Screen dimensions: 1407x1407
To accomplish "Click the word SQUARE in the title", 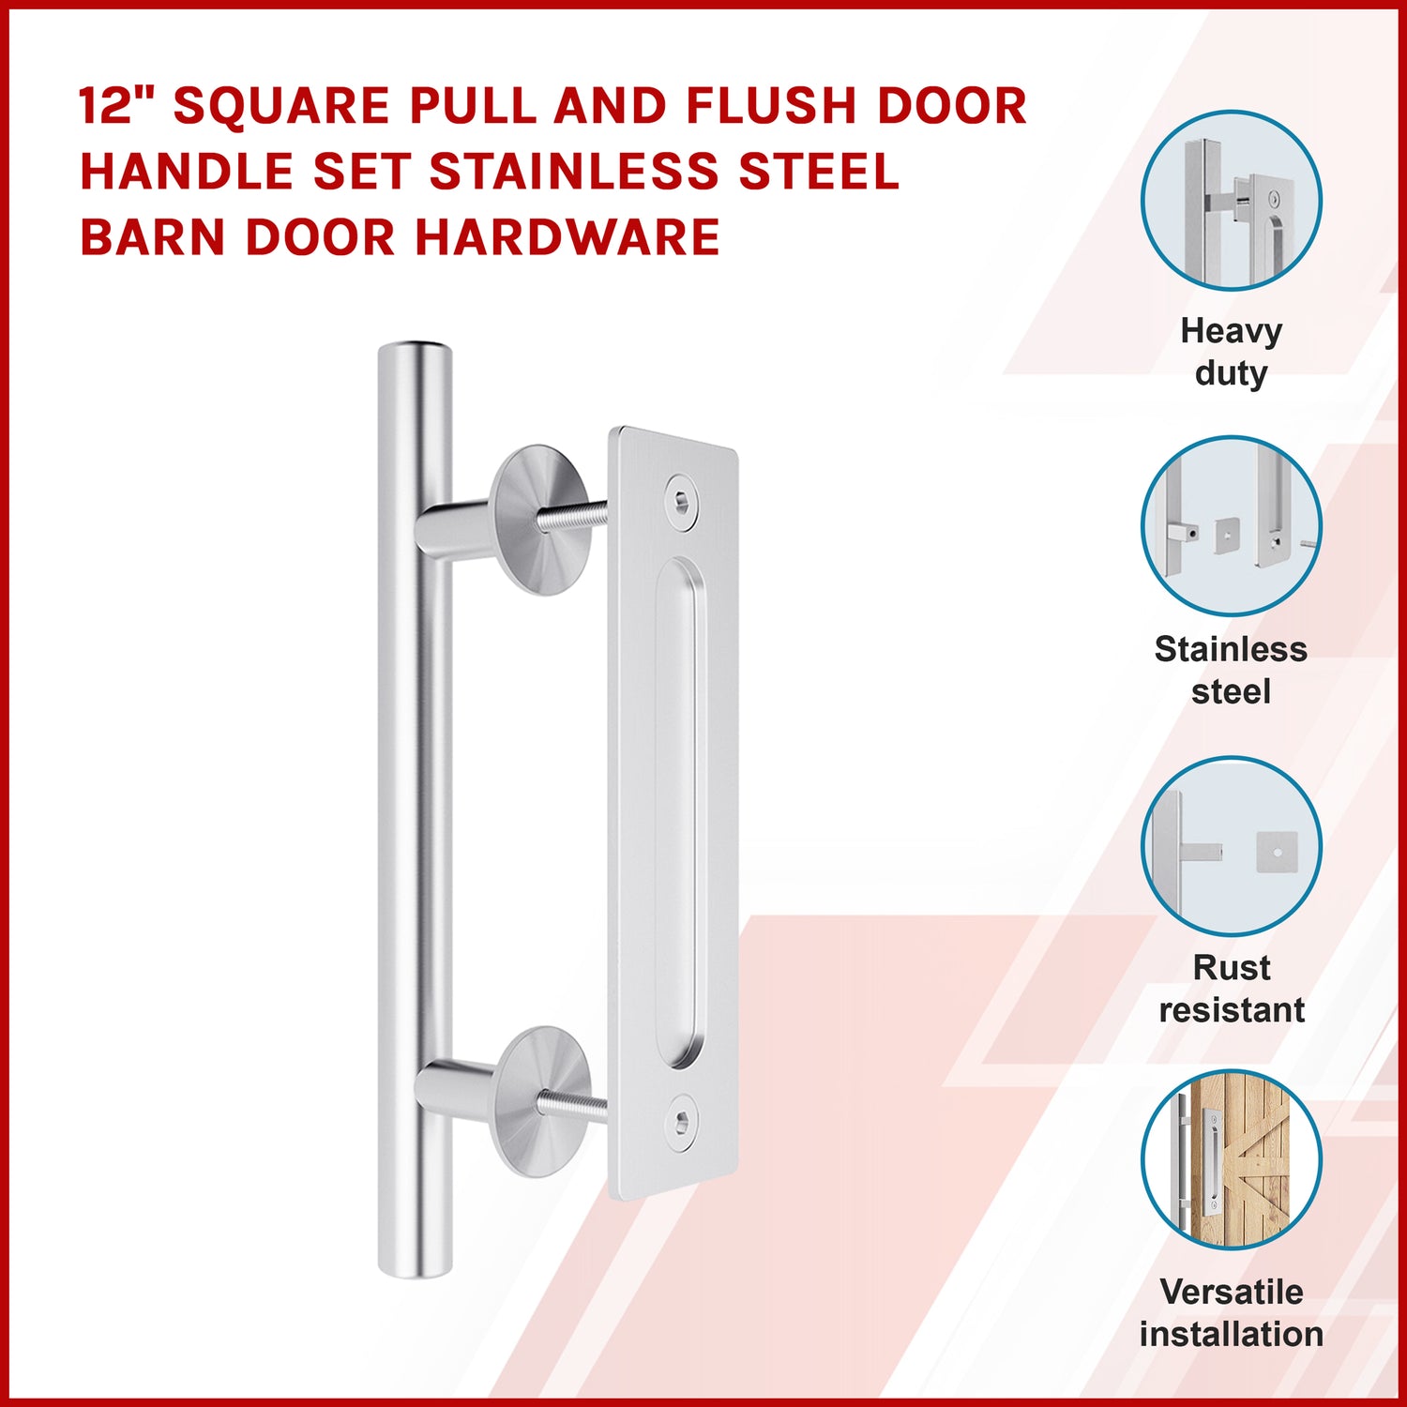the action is tap(281, 105).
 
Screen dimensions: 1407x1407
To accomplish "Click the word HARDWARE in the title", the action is tap(568, 236).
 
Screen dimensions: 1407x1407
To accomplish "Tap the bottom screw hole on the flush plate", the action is tap(682, 1122).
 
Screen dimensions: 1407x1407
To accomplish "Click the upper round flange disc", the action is tap(540, 521).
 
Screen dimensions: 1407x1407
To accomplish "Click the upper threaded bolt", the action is tap(572, 515).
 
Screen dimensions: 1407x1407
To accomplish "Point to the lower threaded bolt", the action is tap(572, 1103).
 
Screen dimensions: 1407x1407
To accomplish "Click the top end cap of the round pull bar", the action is tap(416, 349).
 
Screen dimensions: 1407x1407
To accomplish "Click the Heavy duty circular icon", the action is tap(1232, 201).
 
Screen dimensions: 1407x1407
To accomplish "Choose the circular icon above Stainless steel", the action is tap(1232, 526).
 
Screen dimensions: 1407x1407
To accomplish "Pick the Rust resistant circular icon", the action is tap(1232, 846).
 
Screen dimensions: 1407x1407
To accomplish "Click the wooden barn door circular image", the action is tap(1232, 1159).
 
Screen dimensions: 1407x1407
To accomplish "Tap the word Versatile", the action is tap(1232, 1292).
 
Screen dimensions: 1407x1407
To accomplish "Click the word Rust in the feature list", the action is tap(1232, 967).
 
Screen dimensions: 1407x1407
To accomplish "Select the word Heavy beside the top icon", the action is tap(1231, 332).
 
